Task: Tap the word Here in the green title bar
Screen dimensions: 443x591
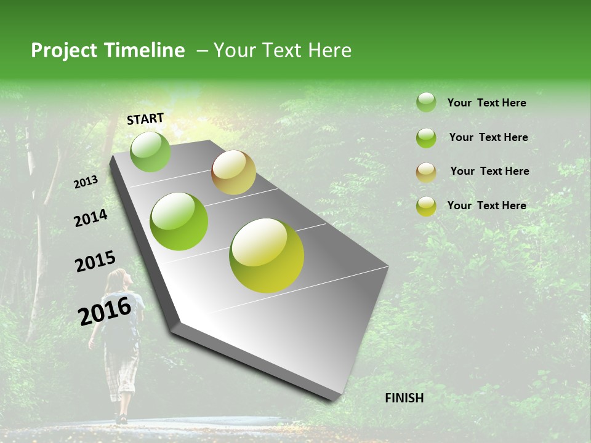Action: (x=329, y=50)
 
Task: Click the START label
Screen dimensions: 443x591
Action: (x=145, y=119)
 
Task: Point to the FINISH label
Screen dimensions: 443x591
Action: (x=404, y=398)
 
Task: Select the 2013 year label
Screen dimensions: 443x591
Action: (x=86, y=182)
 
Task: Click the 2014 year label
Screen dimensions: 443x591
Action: (x=90, y=218)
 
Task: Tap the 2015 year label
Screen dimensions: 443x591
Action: (x=95, y=261)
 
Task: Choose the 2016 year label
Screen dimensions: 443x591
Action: (x=104, y=311)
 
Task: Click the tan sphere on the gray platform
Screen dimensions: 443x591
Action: (x=233, y=172)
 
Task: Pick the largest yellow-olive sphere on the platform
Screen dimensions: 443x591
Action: (x=267, y=255)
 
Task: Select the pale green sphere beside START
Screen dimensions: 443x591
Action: (x=150, y=152)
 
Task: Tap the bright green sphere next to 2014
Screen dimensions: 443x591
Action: (x=179, y=221)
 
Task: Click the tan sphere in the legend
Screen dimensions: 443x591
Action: (x=426, y=172)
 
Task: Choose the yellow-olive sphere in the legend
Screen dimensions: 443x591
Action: (x=426, y=206)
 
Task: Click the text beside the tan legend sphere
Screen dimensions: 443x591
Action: (x=489, y=171)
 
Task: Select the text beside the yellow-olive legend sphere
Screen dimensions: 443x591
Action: (x=486, y=206)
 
